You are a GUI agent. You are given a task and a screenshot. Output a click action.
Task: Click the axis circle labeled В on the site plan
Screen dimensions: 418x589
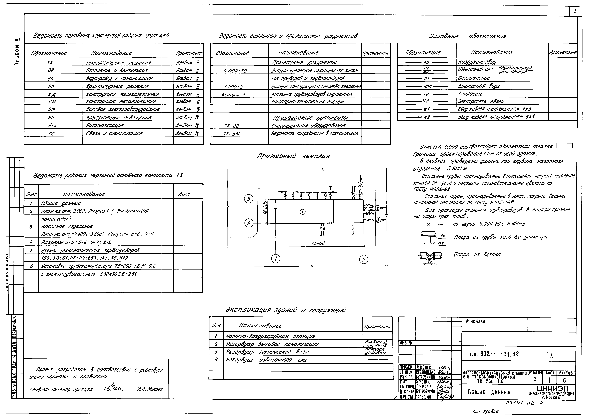(249, 199)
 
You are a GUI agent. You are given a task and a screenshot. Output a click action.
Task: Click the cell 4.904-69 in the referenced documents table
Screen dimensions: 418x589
(236, 70)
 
